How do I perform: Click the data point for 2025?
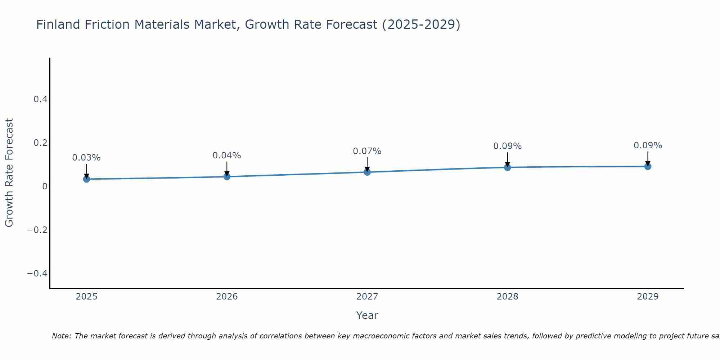click(x=86, y=179)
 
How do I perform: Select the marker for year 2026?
click(x=227, y=176)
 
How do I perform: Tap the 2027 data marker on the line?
click(x=367, y=172)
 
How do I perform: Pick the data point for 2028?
click(x=507, y=167)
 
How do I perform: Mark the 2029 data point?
click(x=648, y=166)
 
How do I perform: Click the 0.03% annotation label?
click(x=86, y=158)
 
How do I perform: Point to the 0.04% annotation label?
click(x=227, y=156)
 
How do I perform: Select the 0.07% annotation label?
click(x=367, y=151)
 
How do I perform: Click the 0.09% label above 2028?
click(x=507, y=146)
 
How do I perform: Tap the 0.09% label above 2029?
click(x=648, y=145)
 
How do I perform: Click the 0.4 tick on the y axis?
click(x=40, y=99)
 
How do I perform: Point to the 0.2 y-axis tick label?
click(x=40, y=143)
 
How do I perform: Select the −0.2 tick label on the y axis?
click(x=37, y=230)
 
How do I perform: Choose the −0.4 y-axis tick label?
click(x=37, y=274)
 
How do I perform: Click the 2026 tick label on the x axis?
click(x=227, y=297)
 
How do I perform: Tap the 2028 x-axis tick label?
click(x=507, y=297)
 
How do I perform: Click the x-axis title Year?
click(x=367, y=315)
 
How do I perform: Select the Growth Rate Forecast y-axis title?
click(x=9, y=173)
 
